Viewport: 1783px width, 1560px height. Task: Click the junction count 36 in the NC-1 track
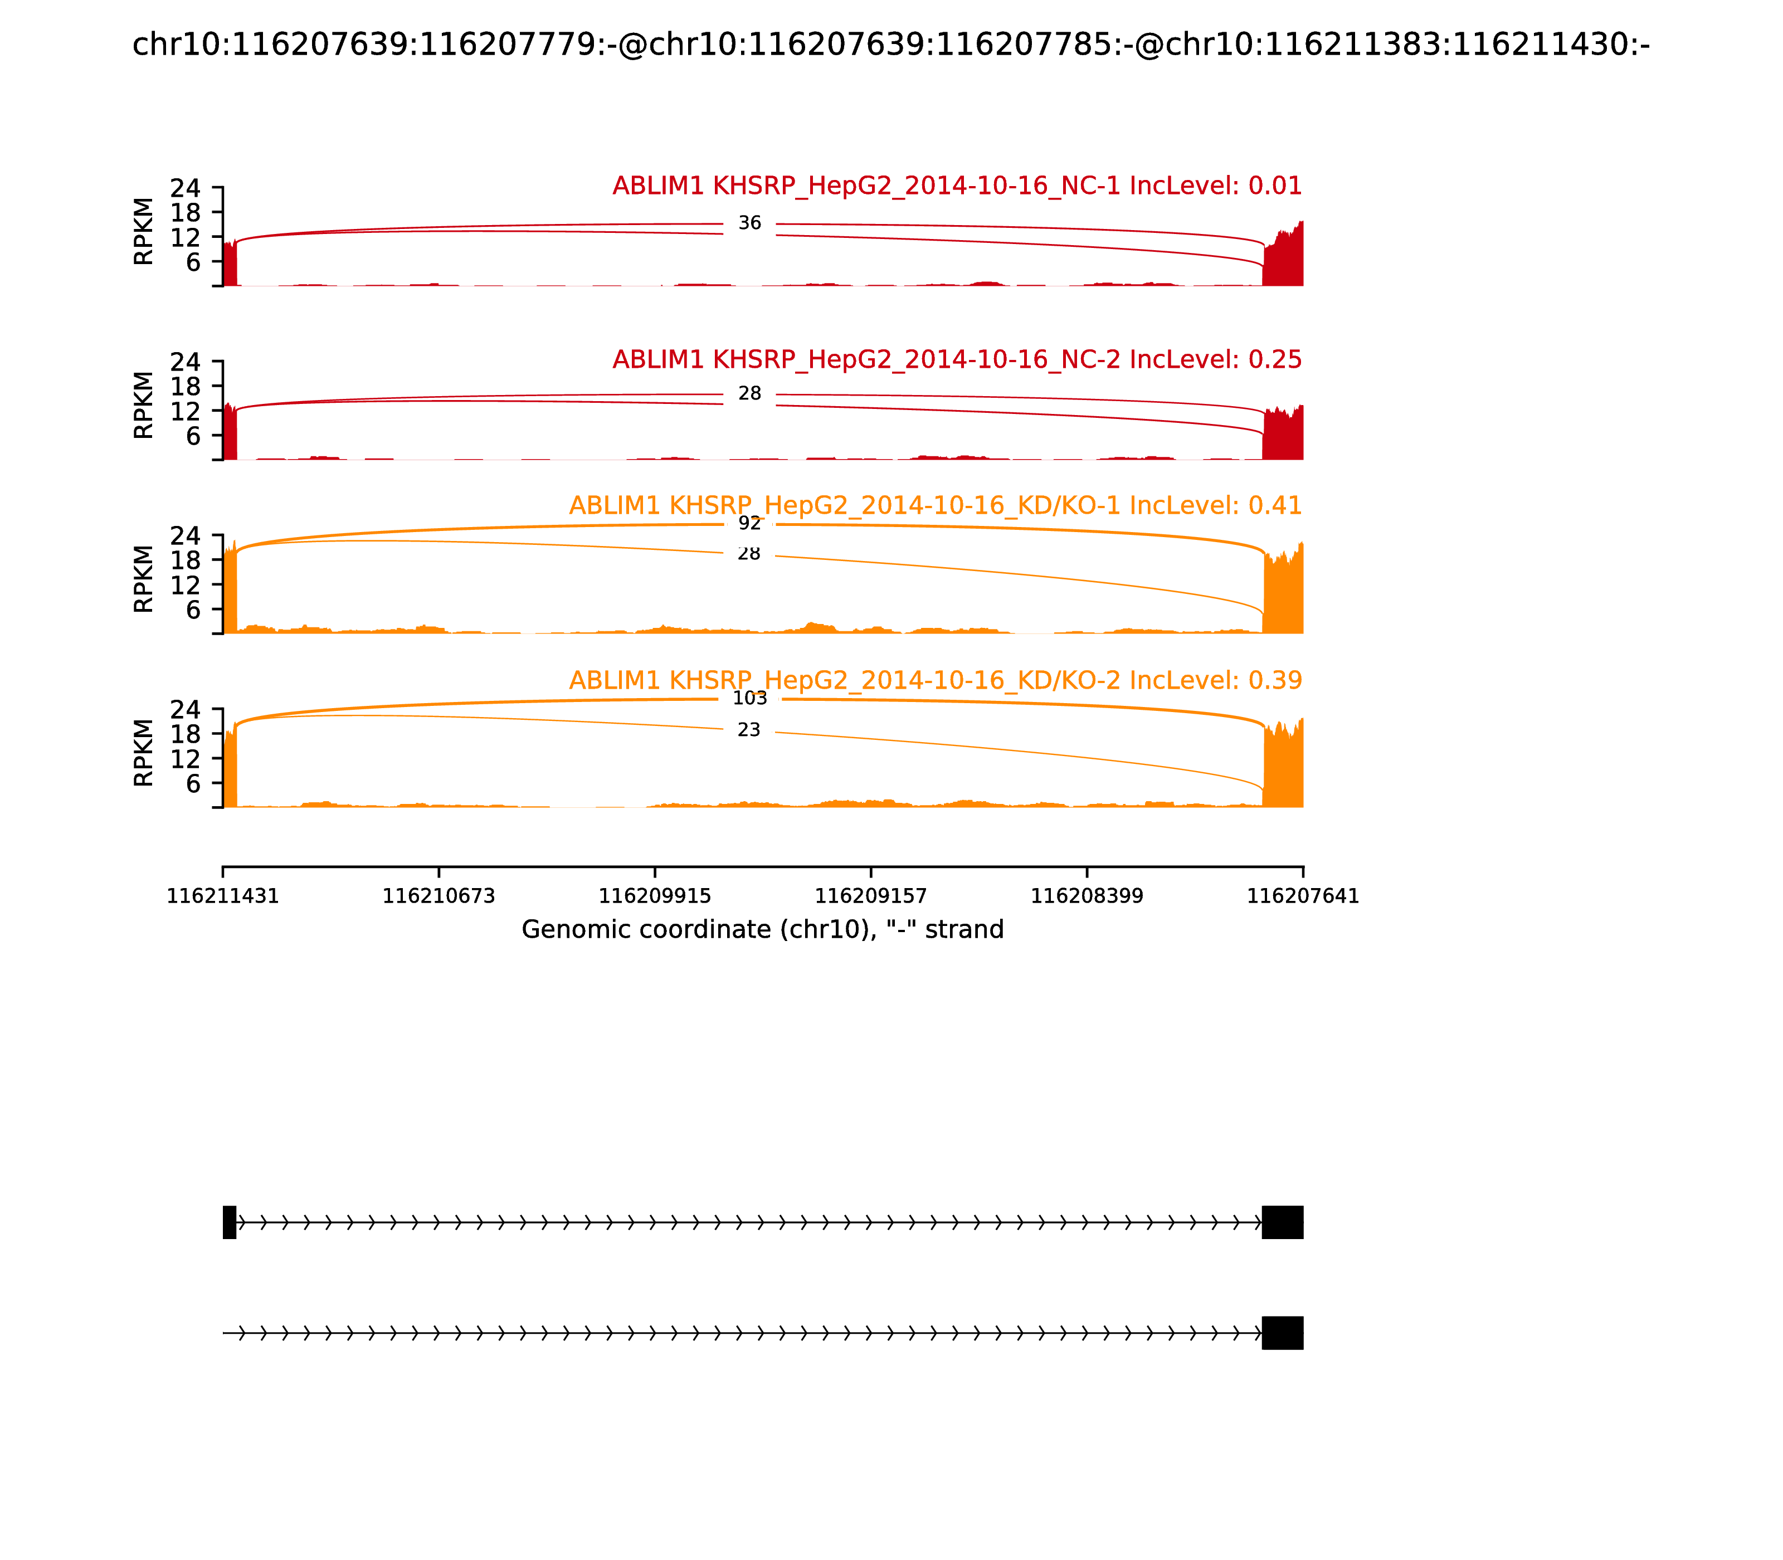[x=749, y=224]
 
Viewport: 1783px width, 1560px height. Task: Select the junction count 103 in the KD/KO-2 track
[x=749, y=698]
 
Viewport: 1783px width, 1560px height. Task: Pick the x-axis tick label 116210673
[x=439, y=896]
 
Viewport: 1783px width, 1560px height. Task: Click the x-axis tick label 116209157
[x=870, y=896]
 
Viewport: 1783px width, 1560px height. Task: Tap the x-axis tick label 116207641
[x=1303, y=896]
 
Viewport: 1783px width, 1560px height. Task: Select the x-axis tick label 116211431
[x=223, y=896]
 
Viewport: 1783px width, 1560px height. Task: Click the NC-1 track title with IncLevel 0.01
[x=957, y=186]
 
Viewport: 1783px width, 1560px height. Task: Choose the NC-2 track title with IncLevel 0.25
[x=957, y=359]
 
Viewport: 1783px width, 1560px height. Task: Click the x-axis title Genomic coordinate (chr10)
[x=763, y=930]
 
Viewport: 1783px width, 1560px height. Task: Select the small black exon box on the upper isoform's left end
[x=230, y=1222]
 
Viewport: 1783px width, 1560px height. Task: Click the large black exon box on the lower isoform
[x=1283, y=1333]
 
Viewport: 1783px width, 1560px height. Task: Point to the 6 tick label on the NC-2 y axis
[x=193, y=435]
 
